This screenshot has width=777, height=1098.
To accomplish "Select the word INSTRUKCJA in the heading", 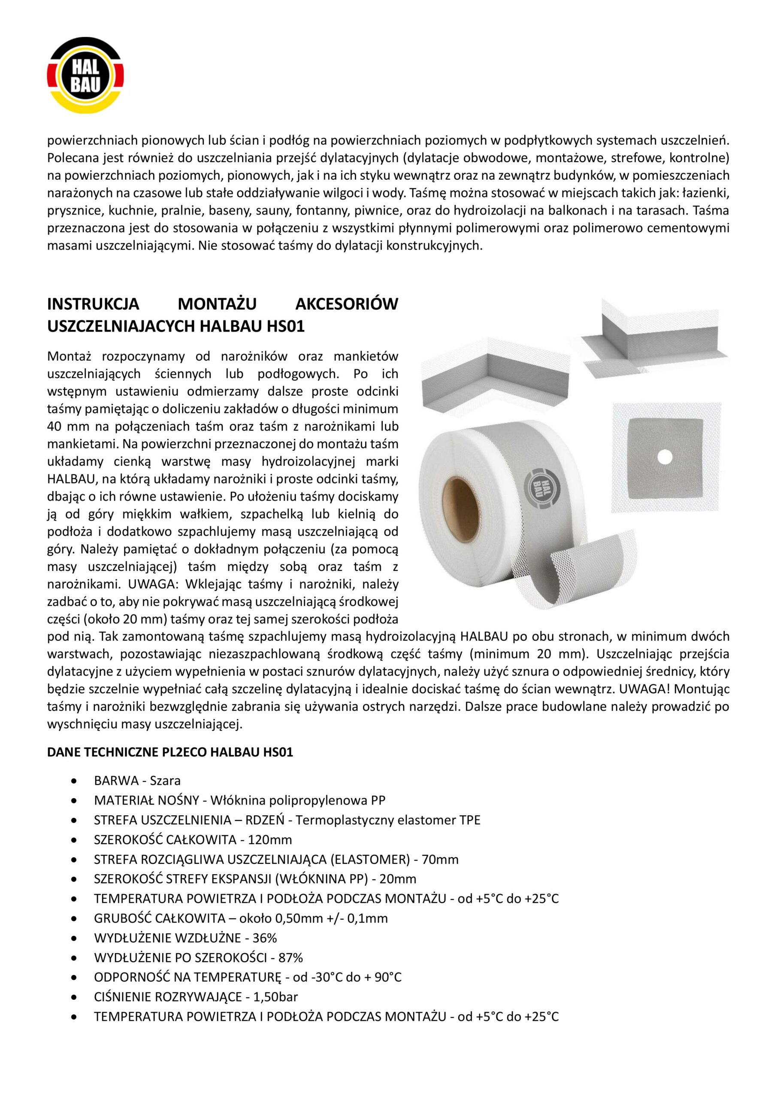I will [x=93, y=304].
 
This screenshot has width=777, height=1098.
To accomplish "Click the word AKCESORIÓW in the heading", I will [x=346, y=304].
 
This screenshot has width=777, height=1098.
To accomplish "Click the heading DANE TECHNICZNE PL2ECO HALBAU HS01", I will [x=170, y=752].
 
